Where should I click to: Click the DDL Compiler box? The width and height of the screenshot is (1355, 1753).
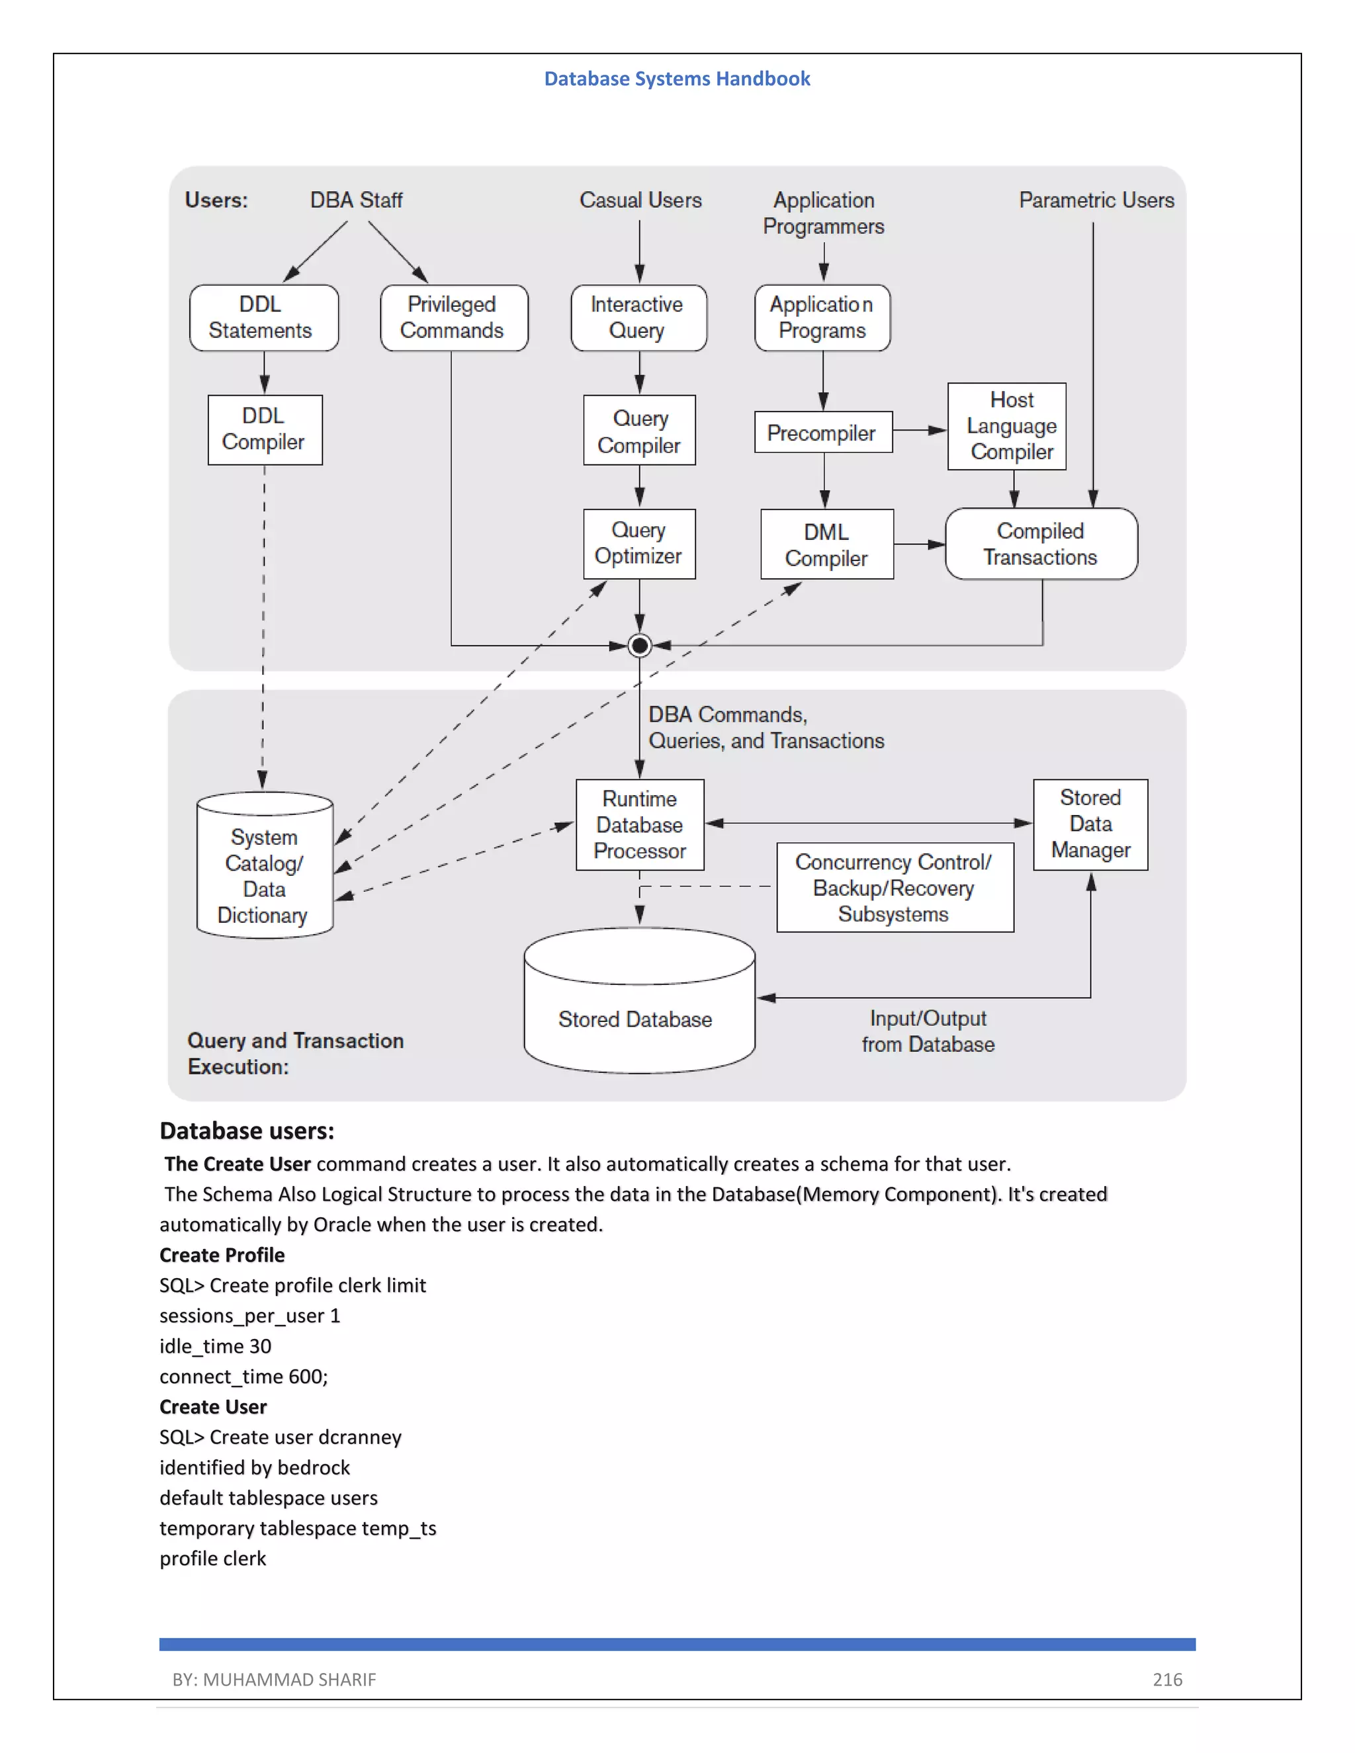click(x=265, y=429)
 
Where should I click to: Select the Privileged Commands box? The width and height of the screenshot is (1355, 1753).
click(x=453, y=318)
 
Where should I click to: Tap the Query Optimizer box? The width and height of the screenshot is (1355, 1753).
click(x=639, y=543)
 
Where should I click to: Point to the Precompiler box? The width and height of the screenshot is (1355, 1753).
click(x=823, y=433)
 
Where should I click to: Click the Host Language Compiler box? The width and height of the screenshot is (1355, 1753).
click(x=1006, y=426)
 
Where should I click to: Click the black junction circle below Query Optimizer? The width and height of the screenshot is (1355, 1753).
click(x=640, y=646)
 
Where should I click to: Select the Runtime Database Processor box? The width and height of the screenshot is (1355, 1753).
click(x=640, y=824)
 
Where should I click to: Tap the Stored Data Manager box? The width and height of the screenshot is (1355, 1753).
click(x=1090, y=824)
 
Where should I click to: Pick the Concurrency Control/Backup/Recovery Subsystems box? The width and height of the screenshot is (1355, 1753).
click(x=895, y=888)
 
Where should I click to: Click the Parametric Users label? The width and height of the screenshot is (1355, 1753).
click(x=1096, y=200)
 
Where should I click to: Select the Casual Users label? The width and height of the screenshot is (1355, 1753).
click(x=640, y=200)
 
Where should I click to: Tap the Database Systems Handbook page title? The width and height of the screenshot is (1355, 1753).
click(x=677, y=79)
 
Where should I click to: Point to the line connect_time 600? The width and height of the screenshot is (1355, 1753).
click(x=243, y=1377)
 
